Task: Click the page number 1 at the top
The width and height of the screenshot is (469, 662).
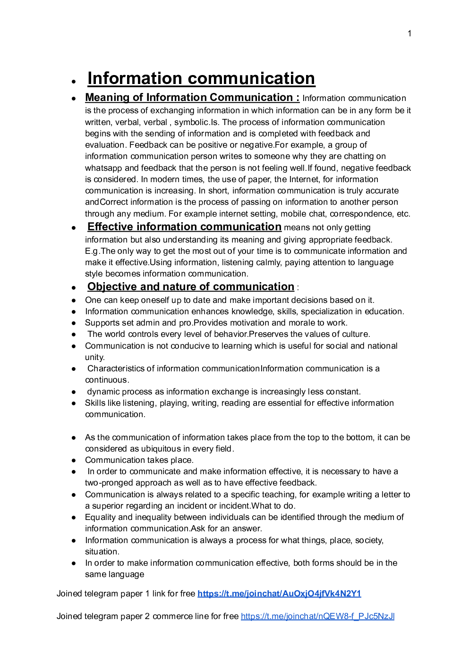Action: (409, 34)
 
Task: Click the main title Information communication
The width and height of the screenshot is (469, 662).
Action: (201, 78)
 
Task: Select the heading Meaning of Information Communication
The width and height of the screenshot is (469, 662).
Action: (192, 98)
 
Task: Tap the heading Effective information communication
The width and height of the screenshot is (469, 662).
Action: (184, 227)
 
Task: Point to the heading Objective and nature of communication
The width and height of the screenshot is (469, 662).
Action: (191, 287)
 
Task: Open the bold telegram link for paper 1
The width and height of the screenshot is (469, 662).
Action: (279, 594)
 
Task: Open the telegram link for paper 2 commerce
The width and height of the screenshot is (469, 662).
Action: (317, 616)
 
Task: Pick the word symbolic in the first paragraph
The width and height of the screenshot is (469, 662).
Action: (191, 122)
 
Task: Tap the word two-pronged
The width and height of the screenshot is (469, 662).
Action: (109, 483)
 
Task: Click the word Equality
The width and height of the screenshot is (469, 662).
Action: (100, 517)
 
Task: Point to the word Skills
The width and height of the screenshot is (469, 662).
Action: (95, 403)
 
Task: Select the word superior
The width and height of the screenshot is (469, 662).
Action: (106, 506)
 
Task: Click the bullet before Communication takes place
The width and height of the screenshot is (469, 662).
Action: (74, 461)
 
